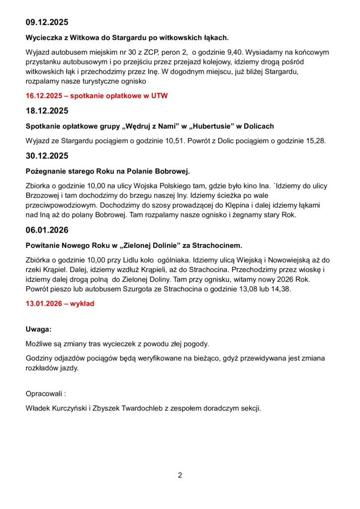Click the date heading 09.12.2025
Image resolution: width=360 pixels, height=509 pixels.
pyautogui.click(x=47, y=22)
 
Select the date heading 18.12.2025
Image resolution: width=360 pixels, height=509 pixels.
pyautogui.click(x=47, y=111)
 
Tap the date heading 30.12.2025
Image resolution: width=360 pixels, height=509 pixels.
pyautogui.click(x=47, y=156)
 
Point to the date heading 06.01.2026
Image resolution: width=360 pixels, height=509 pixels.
pyautogui.click(x=47, y=230)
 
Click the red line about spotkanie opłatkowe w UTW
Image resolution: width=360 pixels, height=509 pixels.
pyautogui.click(x=96, y=96)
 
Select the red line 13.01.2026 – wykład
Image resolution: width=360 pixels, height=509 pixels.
pyautogui.click(x=60, y=303)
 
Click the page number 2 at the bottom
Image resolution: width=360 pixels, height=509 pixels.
pyautogui.click(x=180, y=475)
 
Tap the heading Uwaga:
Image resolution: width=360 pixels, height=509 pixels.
pyautogui.click(x=38, y=329)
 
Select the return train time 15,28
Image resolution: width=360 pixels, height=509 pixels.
pyautogui.click(x=315, y=141)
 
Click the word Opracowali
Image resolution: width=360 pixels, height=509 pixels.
pyautogui.click(x=44, y=394)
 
